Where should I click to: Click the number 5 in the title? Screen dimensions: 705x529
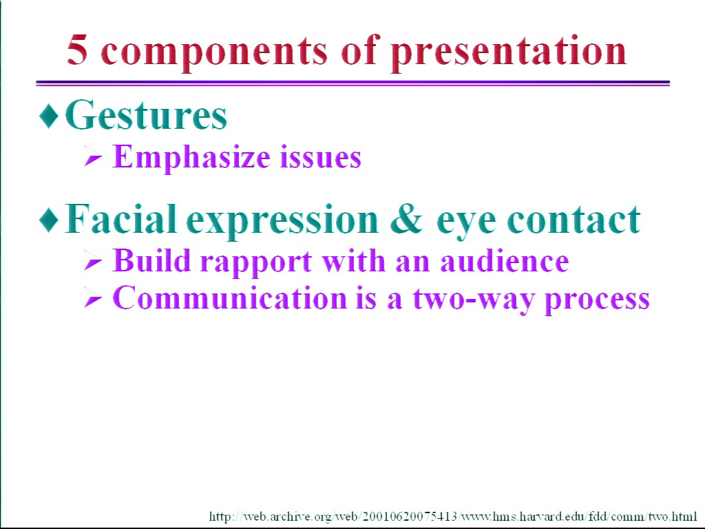[77, 50]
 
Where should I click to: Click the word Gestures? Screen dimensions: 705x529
[146, 115]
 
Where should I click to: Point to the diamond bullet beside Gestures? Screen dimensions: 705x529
[49, 115]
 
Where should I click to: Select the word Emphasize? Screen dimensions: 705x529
[191, 158]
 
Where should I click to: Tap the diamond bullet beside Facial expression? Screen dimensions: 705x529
[49, 220]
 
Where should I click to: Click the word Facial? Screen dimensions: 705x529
[120, 219]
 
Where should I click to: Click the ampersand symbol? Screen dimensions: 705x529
[406, 220]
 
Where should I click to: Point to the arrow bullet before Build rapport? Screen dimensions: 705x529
[93, 261]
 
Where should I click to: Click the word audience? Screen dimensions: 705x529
[505, 261]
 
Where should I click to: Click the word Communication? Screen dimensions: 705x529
[230, 298]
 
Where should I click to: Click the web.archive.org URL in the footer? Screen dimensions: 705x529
[453, 516]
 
